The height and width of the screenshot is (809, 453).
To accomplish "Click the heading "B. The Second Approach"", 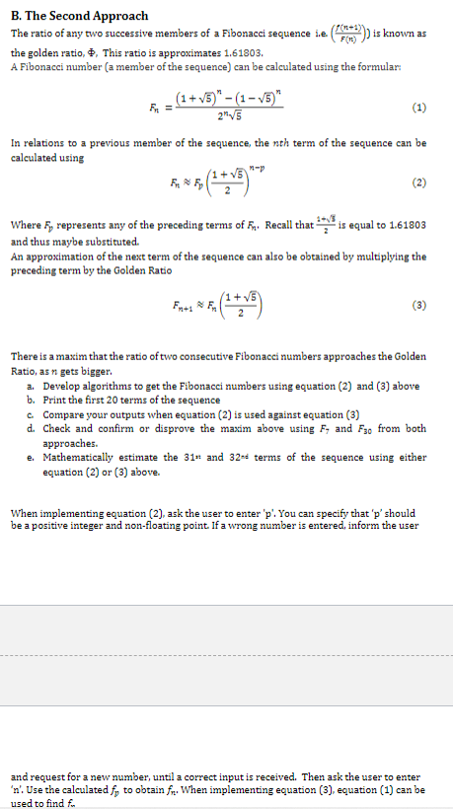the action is (x=79, y=16).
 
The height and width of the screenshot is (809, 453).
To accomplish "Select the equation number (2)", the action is (x=420, y=182).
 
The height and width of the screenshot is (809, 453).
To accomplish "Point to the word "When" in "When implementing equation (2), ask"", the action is (x=23, y=514).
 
